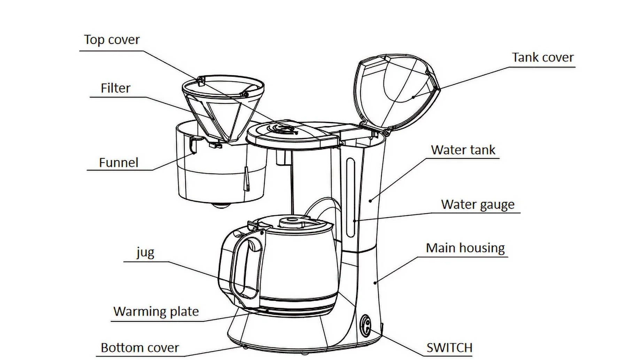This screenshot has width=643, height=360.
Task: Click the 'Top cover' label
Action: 111,40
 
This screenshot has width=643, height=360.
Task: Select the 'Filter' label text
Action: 115,88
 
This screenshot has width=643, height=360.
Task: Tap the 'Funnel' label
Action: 118,163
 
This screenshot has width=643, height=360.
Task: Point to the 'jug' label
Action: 145,252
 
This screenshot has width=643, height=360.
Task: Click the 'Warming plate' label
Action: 156,311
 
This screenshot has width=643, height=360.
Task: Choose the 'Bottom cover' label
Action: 140,347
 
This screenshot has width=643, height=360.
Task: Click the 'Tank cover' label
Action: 543,57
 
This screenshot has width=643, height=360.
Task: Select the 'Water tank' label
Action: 463,150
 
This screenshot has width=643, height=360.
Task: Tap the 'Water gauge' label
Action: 478,204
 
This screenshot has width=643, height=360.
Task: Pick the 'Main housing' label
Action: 465,248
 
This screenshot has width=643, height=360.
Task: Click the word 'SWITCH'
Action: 449,347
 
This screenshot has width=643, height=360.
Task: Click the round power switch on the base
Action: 365,325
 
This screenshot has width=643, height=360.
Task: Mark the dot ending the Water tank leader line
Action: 371,201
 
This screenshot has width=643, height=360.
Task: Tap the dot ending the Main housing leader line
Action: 375,283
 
